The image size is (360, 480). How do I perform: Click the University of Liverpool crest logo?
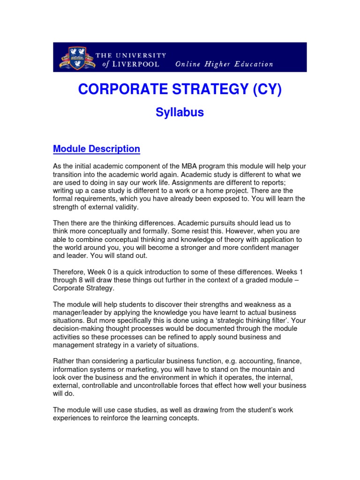[77, 57]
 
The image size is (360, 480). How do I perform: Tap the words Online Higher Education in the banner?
[224, 64]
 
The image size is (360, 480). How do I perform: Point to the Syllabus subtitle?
[180, 113]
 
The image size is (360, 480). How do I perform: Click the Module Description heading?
[97, 149]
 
